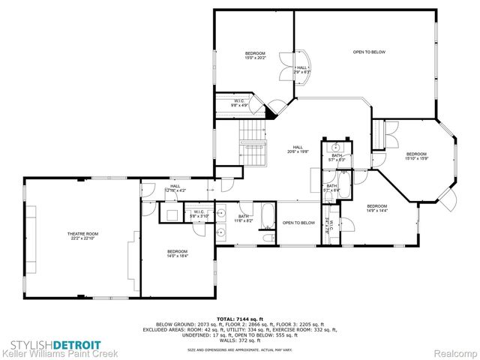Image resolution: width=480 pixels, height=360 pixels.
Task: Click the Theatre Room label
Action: (x=82, y=236)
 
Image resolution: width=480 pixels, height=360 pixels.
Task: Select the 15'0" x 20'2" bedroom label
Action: (x=255, y=55)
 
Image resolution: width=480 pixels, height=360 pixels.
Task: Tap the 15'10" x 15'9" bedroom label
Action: (x=415, y=156)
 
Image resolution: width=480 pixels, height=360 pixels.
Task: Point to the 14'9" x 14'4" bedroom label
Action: (x=376, y=208)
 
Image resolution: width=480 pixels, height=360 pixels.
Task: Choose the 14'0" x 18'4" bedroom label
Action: (x=177, y=253)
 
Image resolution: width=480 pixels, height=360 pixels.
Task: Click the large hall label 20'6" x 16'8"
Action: (x=297, y=149)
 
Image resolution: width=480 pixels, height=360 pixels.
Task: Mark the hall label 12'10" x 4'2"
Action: (x=175, y=188)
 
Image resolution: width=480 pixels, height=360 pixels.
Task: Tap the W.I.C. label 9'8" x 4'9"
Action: (x=239, y=103)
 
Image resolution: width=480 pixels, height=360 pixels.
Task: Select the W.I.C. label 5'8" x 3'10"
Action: (x=198, y=214)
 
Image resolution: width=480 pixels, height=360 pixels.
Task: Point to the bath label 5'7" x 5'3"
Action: (x=337, y=157)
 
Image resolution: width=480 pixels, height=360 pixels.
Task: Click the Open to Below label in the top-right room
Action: (x=369, y=52)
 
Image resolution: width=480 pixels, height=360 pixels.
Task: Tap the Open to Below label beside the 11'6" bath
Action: (x=298, y=223)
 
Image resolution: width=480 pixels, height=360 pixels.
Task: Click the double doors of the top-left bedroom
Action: (x=286, y=70)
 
